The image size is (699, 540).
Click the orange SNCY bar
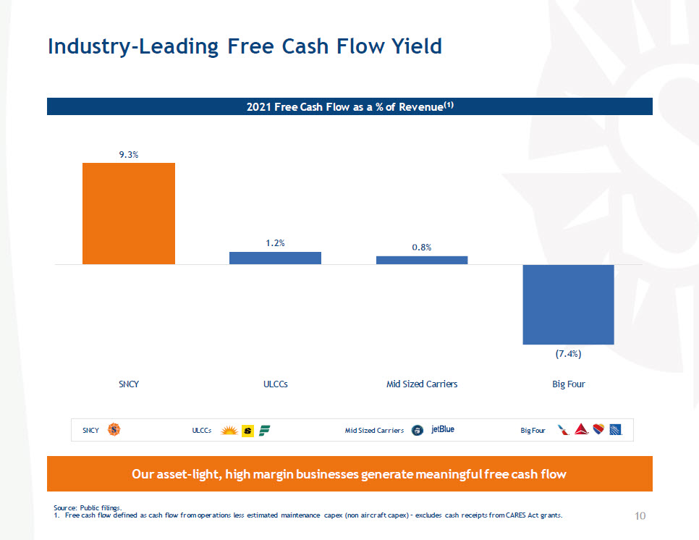click(129, 214)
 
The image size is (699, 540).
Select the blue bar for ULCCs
click(275, 258)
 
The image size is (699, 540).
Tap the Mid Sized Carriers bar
click(422, 260)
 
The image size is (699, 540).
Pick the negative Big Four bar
click(568, 304)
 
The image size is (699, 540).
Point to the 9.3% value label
click(129, 154)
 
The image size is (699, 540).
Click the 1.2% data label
click(275, 243)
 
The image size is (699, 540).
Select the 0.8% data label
click(422, 248)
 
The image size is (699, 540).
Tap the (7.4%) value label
click(569, 354)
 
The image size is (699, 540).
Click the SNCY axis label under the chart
click(129, 384)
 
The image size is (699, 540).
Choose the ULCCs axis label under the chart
click(275, 384)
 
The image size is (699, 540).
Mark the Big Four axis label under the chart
click(568, 384)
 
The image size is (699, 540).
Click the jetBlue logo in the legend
click(443, 429)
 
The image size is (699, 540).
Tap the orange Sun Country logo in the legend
click(114, 430)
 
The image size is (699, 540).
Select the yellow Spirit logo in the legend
click(247, 430)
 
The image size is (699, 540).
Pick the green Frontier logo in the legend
click(264, 430)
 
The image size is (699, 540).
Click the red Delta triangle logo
click(579, 430)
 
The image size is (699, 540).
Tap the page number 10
click(640, 515)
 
